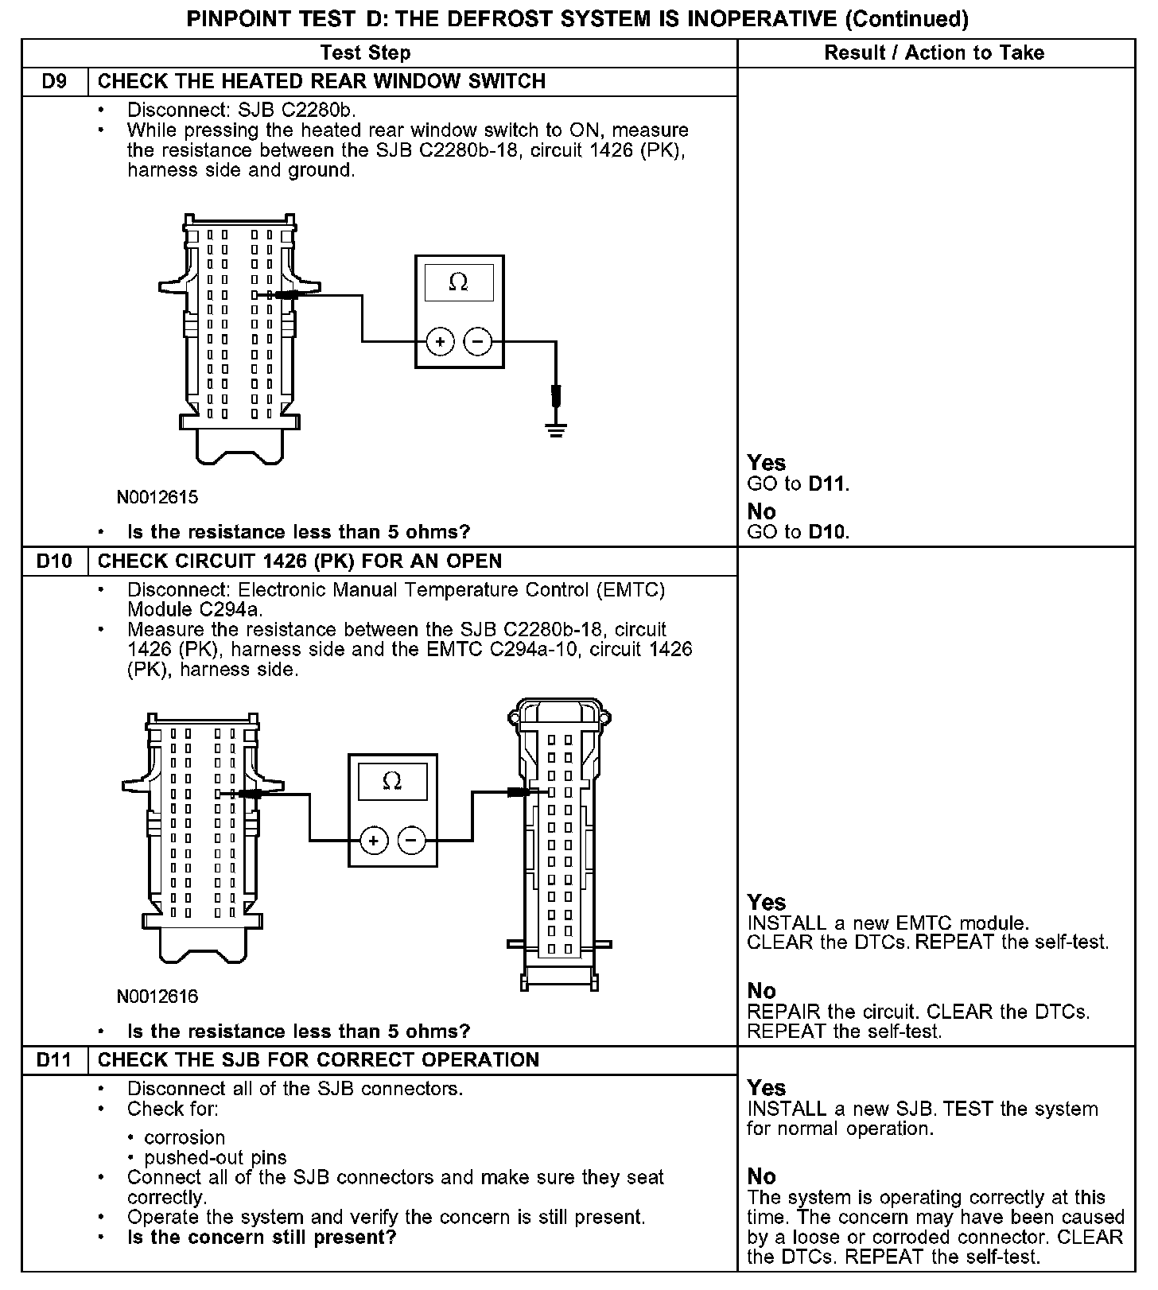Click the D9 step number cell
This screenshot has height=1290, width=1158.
pos(54,82)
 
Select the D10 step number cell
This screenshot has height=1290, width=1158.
pos(54,561)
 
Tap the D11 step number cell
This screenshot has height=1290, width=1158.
pos(54,1060)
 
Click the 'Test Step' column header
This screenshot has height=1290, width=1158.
pos(365,53)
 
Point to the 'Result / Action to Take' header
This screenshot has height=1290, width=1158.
pos(934,53)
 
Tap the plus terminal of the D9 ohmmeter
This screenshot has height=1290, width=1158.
pos(440,342)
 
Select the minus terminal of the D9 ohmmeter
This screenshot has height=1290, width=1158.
pos(478,342)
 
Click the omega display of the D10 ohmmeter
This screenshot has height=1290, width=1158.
pos(392,782)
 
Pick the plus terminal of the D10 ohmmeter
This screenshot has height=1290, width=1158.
pos(373,840)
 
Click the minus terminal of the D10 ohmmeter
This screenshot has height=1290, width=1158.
pos(411,840)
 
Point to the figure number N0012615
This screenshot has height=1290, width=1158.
pos(157,498)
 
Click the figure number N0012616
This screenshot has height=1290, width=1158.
pos(157,997)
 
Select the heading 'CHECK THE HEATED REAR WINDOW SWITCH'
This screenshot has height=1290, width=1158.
pos(321,82)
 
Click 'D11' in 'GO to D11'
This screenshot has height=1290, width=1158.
pos(828,484)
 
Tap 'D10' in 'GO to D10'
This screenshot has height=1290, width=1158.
pos(828,532)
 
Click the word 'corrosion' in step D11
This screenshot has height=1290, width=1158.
pos(185,1137)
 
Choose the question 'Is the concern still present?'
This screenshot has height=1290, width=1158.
pos(262,1238)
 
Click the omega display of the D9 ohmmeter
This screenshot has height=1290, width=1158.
pos(459,283)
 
